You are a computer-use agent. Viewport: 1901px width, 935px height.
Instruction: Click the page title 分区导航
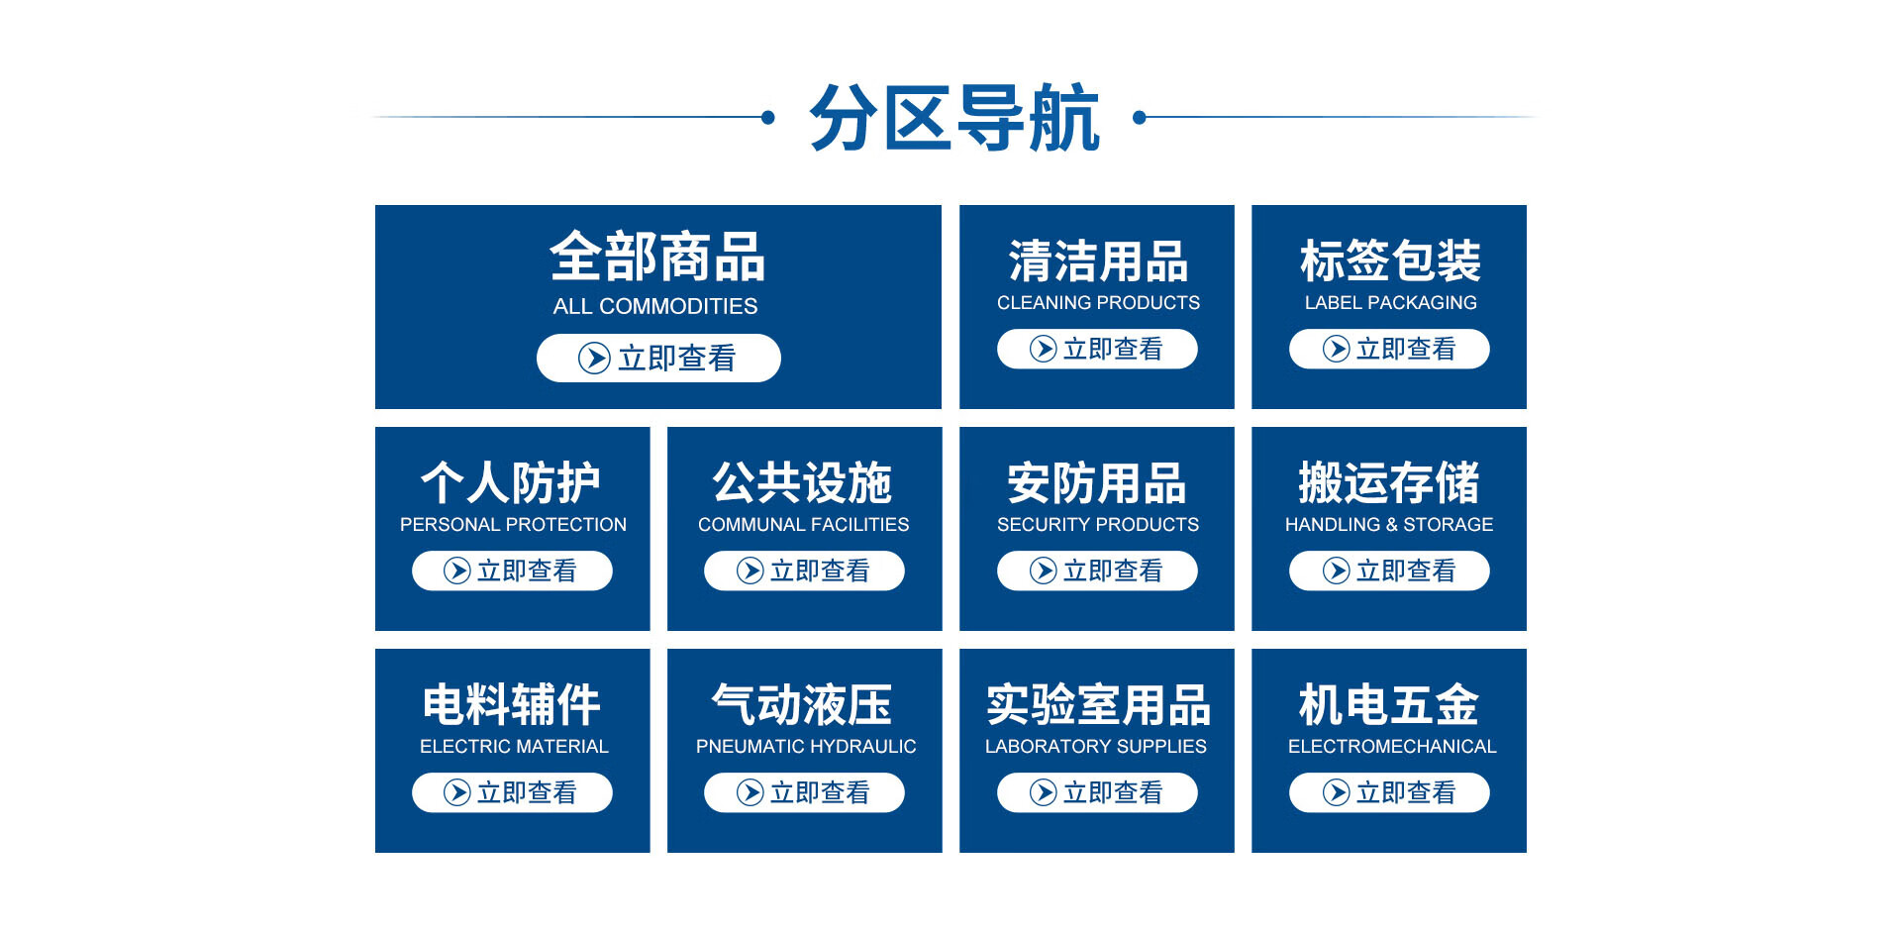coord(954,118)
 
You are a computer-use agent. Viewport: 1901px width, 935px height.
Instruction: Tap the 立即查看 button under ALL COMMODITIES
coord(658,358)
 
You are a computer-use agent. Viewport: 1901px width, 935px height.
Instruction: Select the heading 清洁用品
coord(1098,261)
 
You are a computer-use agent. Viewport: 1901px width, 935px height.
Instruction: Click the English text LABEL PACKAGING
coord(1390,303)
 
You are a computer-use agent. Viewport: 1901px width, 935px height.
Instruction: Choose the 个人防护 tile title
coord(511,483)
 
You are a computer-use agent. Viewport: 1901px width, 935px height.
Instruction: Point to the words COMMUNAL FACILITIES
coord(803,525)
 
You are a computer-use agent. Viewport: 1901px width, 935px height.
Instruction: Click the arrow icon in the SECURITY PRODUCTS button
coord(1043,571)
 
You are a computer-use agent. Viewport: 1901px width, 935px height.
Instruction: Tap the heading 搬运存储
coord(1389,483)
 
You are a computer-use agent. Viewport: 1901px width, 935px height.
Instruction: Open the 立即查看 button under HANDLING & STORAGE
coord(1389,571)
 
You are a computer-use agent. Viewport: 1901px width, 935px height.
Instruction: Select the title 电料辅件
coord(512,705)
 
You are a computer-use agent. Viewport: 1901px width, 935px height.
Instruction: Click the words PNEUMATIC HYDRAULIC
coord(806,747)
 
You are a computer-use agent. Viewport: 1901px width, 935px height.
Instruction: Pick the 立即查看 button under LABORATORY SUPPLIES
coord(1097,792)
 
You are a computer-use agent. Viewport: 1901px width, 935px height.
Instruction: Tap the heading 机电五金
coord(1389,705)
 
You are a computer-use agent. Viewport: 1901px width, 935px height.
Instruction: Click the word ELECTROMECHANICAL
coord(1392,747)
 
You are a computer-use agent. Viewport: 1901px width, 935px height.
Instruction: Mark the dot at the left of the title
coord(768,117)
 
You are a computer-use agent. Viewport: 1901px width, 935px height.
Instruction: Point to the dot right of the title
coord(1140,117)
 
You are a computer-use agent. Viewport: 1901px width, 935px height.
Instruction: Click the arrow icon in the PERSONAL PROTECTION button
coord(456,571)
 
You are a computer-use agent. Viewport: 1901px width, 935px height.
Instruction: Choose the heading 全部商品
coord(657,258)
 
